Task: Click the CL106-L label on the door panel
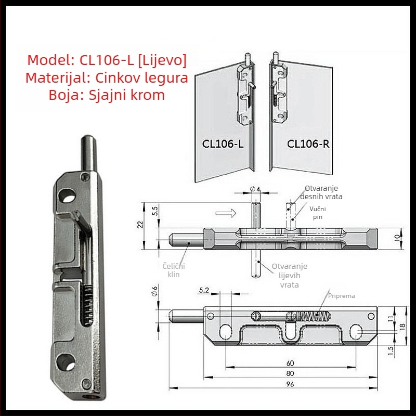(223, 144)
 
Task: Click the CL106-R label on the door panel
(308, 144)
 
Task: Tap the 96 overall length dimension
(290, 384)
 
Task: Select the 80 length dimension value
(290, 373)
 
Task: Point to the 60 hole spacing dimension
(290, 363)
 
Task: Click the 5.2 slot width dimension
(204, 290)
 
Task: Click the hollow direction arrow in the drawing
(226, 213)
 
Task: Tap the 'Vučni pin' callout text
(318, 213)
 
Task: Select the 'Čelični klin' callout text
(174, 270)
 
